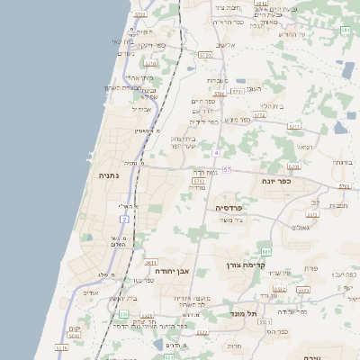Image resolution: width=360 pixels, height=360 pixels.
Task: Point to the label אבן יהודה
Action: [x=168, y=270]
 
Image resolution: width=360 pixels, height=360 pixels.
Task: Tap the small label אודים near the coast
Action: [x=90, y=292]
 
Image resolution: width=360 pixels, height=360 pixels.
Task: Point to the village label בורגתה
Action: [x=342, y=163]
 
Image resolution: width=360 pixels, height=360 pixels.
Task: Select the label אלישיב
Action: [x=226, y=44]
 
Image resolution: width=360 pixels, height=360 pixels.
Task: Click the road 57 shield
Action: [x=227, y=169]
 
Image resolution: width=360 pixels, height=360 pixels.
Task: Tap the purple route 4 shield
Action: [x=216, y=152]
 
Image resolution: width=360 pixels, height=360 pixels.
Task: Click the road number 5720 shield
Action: [x=205, y=56]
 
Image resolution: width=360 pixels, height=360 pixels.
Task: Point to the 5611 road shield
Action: [x=150, y=262]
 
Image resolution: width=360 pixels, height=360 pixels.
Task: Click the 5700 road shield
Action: [x=343, y=185]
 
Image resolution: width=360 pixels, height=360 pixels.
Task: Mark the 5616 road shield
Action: [x=61, y=347]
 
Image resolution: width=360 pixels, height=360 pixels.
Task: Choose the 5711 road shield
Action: [x=293, y=127]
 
